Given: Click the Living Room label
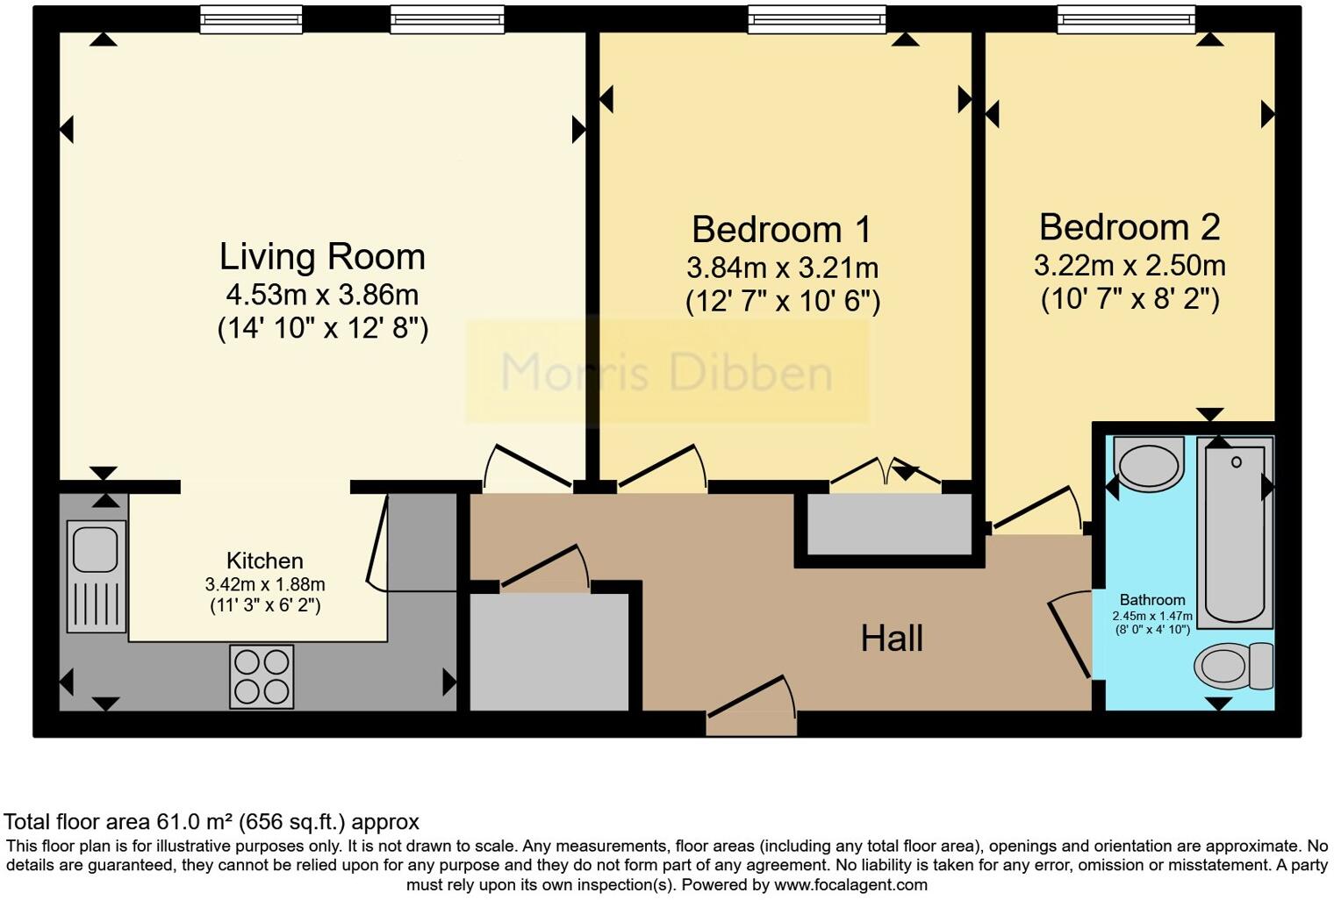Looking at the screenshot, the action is pyautogui.click(x=322, y=256).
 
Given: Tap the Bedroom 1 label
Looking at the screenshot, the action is pyautogui.click(x=781, y=229).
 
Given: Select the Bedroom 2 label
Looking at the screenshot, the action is pyautogui.click(x=1130, y=227).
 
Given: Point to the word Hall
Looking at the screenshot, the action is pyautogui.click(x=892, y=638).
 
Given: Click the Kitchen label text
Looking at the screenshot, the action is pyautogui.click(x=265, y=561).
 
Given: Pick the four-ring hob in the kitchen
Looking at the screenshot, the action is pyautogui.click(x=262, y=677).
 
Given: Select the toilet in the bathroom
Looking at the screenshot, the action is pyautogui.click(x=1233, y=666).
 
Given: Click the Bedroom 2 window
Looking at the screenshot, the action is pyautogui.click(x=1126, y=20).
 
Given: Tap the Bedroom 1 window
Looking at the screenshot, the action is pyautogui.click(x=816, y=20).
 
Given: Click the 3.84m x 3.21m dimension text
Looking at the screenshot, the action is pyautogui.click(x=782, y=268).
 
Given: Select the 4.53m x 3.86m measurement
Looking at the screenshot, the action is pyautogui.click(x=322, y=295).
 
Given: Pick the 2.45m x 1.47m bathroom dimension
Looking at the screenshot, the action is pyautogui.click(x=1152, y=616).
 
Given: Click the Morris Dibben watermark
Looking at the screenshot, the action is pyautogui.click(x=666, y=373).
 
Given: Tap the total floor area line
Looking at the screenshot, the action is pyautogui.click(x=212, y=822).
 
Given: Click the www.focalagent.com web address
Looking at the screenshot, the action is pyautogui.click(x=850, y=885).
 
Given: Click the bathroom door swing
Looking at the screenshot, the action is pyautogui.click(x=1070, y=633).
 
